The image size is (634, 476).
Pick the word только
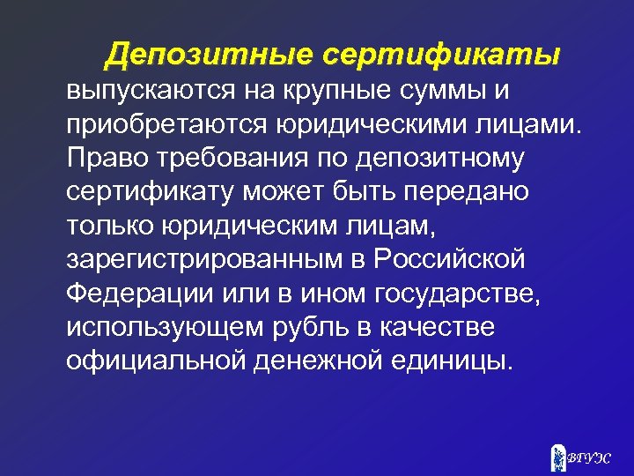point(110,225)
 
